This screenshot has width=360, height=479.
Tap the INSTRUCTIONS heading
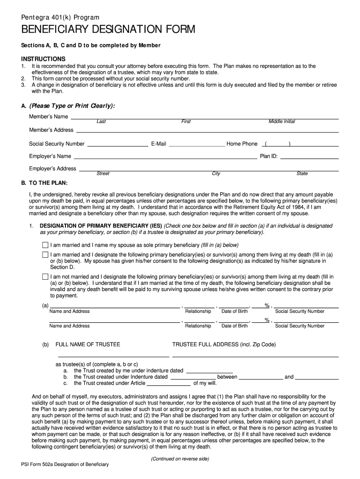pos(43,59)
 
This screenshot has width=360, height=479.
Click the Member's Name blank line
pos(204,117)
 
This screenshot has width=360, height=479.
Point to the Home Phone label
pos(242,144)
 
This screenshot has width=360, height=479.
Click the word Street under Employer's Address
pos(103,174)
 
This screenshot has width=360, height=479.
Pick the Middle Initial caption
pos(281,122)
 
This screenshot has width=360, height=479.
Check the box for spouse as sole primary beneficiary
pos(45,245)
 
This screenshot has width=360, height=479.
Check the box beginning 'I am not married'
pos(45,277)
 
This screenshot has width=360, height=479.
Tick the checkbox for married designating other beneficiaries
pos(45,254)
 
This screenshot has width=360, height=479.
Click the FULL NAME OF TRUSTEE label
pos(88,345)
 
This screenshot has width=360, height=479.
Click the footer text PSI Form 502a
pos(65,464)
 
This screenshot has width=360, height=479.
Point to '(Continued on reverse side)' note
pos(180,459)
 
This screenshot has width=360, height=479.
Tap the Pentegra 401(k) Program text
pos(60,17)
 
